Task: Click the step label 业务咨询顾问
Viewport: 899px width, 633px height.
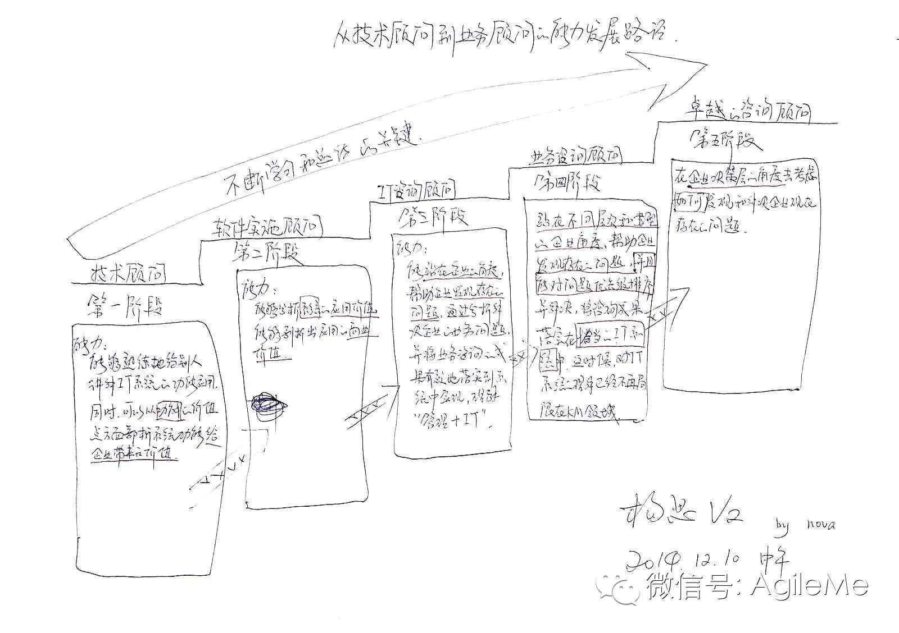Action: click(x=575, y=157)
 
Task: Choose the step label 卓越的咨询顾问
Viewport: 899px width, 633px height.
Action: click(x=747, y=112)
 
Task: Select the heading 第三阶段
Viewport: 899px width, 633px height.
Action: click(x=433, y=217)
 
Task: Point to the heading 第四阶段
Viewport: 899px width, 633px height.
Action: click(x=567, y=182)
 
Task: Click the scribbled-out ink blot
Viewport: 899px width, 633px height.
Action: click(x=269, y=403)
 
